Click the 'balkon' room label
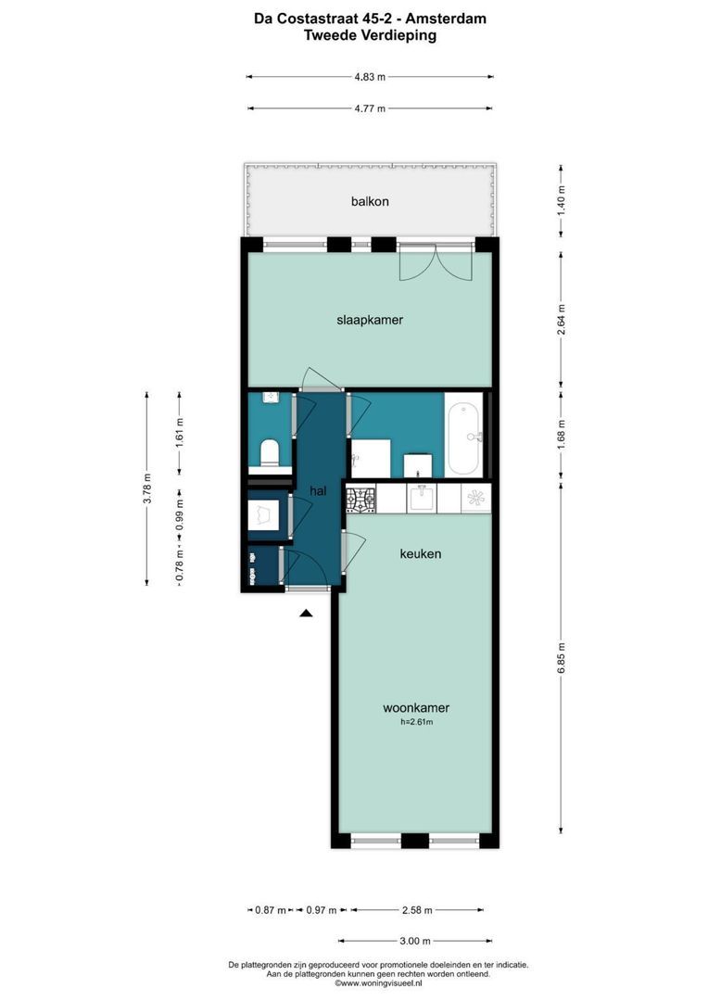(x=370, y=201)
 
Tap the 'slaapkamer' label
(x=370, y=320)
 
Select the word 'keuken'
(x=420, y=553)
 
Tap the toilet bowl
(x=270, y=452)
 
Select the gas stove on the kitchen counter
(x=360, y=500)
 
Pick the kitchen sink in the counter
(x=423, y=498)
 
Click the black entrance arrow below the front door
(x=306, y=613)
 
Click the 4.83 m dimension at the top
(x=370, y=77)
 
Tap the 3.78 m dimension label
(x=146, y=489)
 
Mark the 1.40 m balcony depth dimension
(x=562, y=200)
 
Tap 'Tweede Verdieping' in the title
(x=370, y=36)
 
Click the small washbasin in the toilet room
(x=271, y=398)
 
